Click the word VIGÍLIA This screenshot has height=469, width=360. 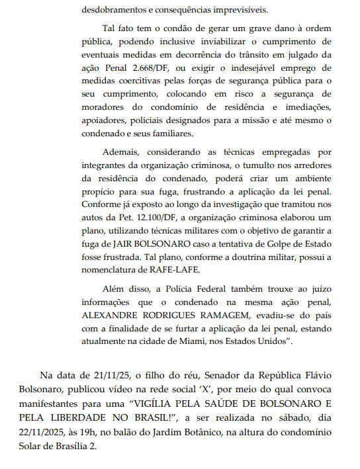click(x=149, y=404)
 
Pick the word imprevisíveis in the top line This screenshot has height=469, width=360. click(x=241, y=10)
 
